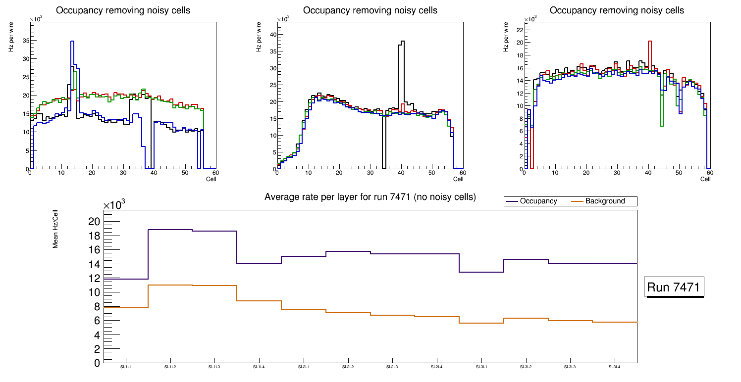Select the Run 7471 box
point(675,287)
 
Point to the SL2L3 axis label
point(392,367)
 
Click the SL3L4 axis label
point(615,367)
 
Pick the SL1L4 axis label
point(259,367)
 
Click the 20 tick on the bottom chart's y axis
point(94,221)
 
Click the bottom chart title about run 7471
point(370,197)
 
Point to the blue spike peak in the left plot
point(72,42)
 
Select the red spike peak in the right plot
point(650,42)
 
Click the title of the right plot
point(617,10)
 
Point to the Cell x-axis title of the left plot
point(212,179)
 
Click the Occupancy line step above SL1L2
point(170,230)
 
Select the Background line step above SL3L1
point(481,323)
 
